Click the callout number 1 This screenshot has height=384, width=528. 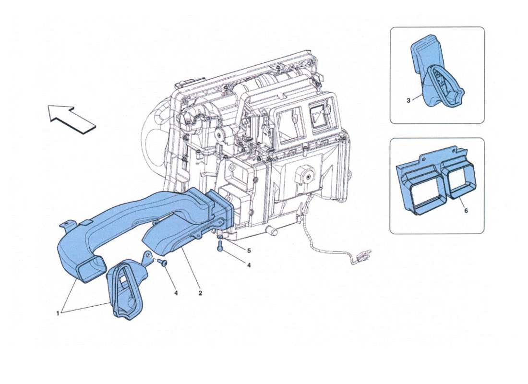(x=58, y=313)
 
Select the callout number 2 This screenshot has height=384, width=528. (x=200, y=292)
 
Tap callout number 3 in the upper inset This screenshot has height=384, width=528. (x=408, y=100)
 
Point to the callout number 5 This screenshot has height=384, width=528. (x=249, y=250)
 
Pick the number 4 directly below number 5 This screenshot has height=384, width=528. (x=249, y=264)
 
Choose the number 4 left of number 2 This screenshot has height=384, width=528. (x=176, y=292)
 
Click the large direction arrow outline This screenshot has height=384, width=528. (x=72, y=119)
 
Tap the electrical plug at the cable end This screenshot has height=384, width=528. (x=363, y=259)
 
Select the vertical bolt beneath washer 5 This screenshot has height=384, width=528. (x=220, y=247)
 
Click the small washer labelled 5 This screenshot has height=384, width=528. (x=219, y=237)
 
